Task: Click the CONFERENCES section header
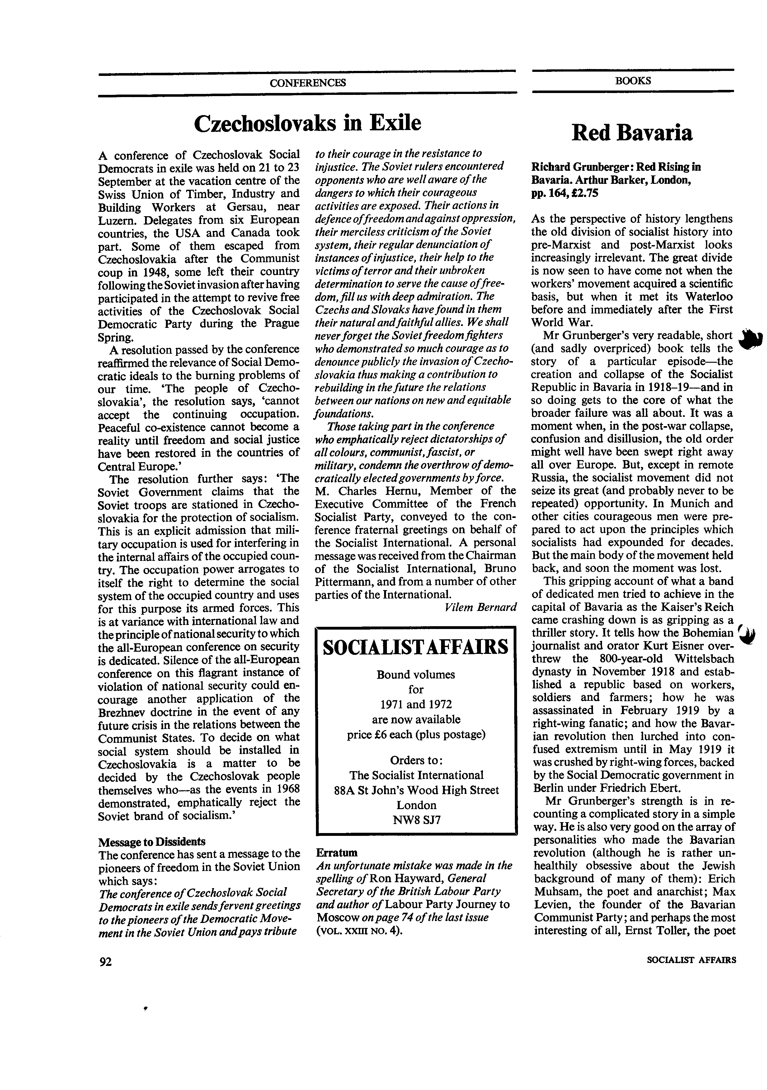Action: click(x=307, y=83)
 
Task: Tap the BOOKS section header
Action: click(x=633, y=81)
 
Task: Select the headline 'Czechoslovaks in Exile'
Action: click(x=307, y=123)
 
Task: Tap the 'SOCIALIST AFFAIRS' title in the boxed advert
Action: click(x=416, y=647)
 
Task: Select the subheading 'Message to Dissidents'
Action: click(x=152, y=842)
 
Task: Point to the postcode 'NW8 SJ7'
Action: click(x=416, y=820)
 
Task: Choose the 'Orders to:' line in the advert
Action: click(x=416, y=760)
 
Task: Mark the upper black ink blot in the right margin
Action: click(x=751, y=340)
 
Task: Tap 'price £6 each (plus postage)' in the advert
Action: click(x=416, y=734)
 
